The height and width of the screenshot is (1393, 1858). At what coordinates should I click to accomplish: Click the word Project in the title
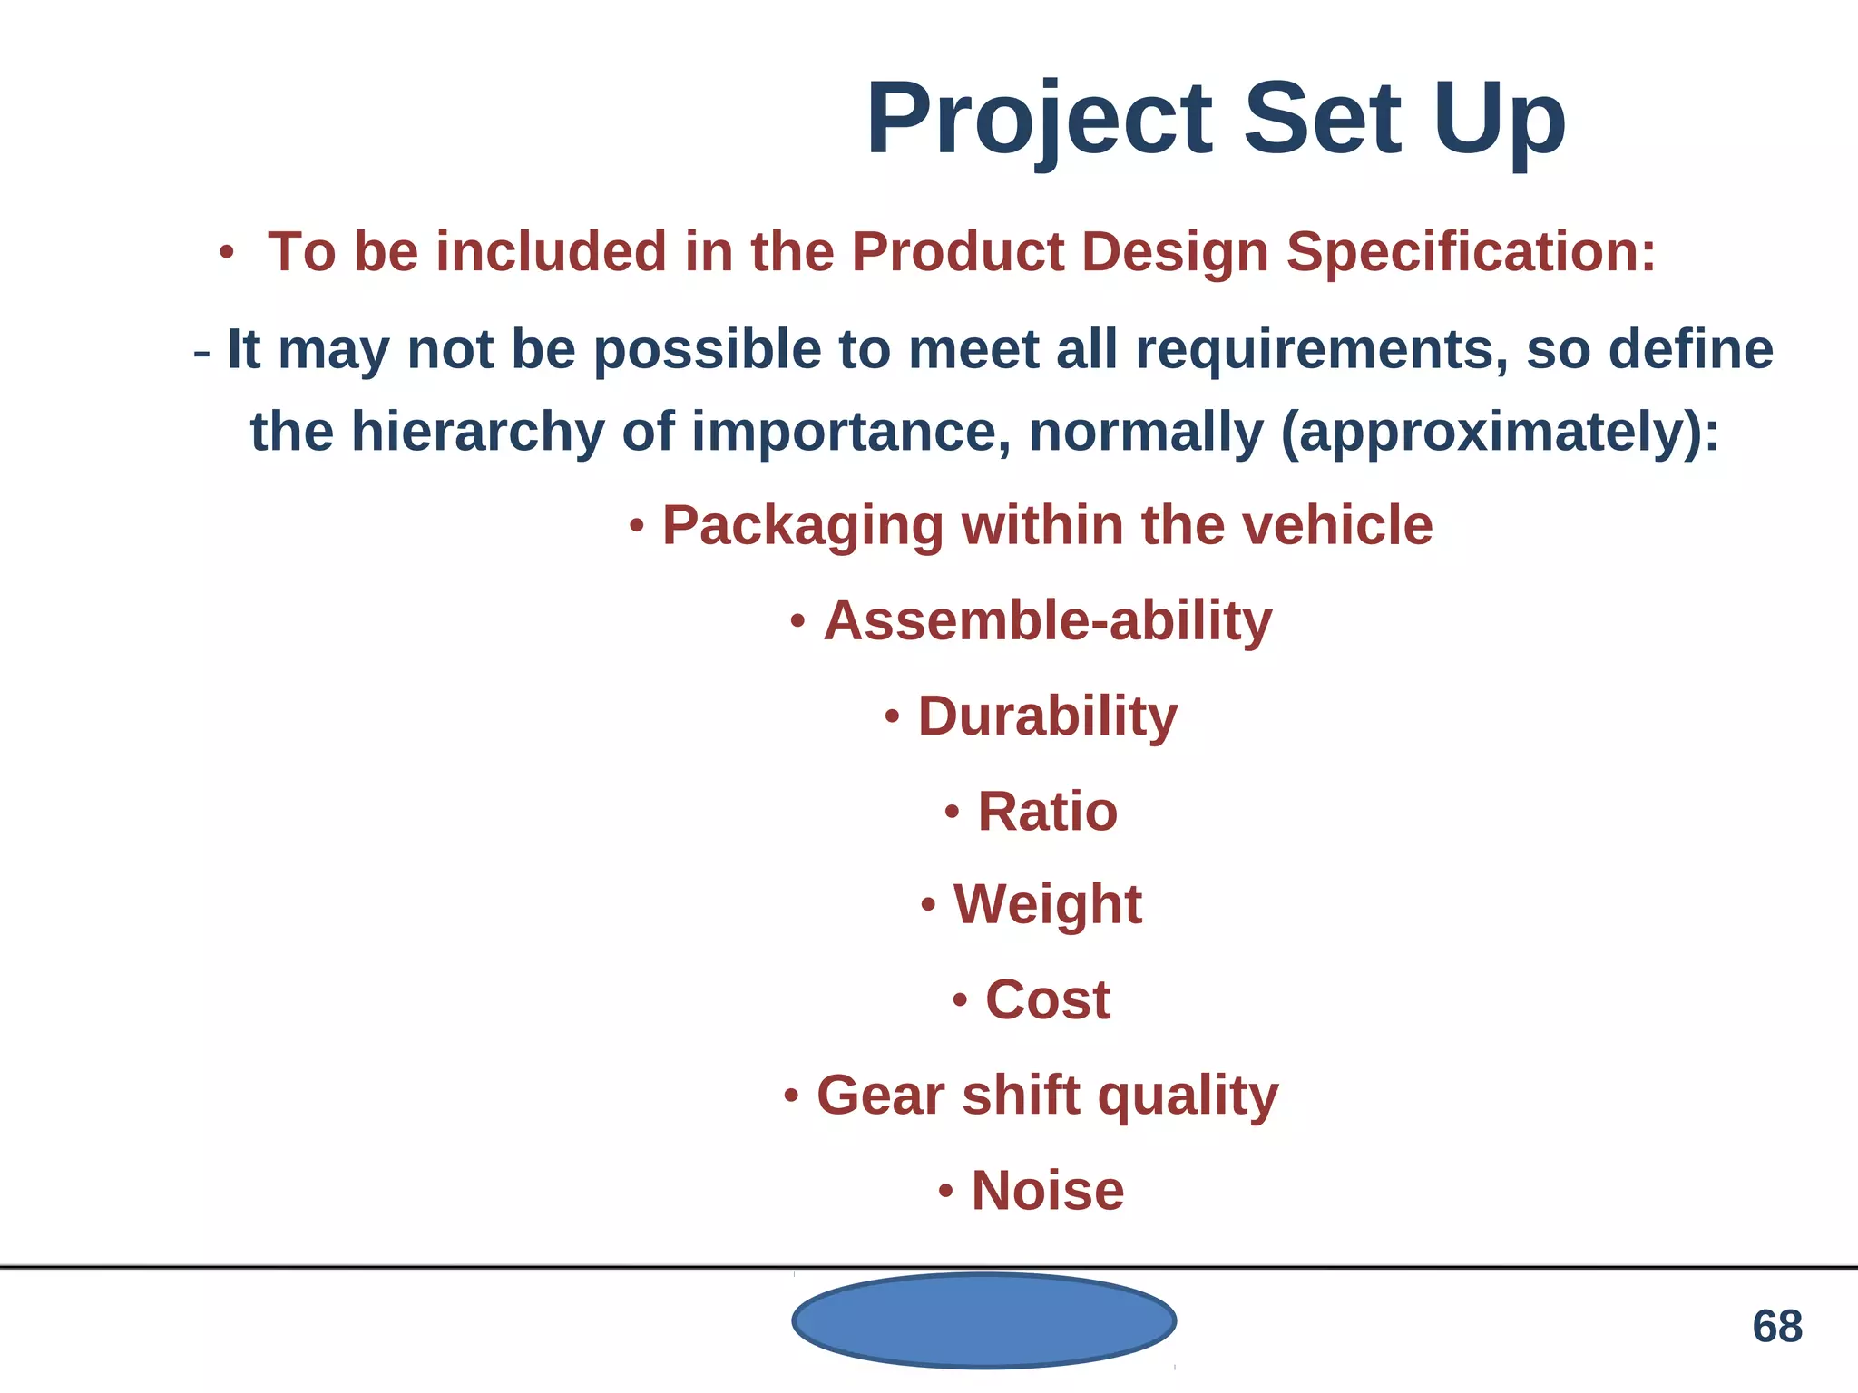(1040, 120)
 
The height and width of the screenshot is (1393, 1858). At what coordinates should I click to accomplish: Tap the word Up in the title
(1499, 120)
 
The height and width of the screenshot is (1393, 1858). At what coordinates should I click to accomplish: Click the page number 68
(1776, 1327)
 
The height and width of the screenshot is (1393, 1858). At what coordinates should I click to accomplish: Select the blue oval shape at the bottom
(984, 1320)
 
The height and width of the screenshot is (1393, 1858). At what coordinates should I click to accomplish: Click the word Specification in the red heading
(1471, 251)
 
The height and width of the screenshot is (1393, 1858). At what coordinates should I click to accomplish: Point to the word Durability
(1047, 716)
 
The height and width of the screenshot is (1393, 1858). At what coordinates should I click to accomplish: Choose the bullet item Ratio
(1047, 811)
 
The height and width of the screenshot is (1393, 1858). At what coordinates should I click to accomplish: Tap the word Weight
(1047, 904)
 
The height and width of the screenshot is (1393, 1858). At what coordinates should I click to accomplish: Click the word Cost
(1047, 999)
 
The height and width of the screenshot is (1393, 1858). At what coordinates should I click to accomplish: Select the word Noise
(1047, 1190)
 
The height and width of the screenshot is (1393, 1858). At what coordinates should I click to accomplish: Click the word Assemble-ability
(1047, 621)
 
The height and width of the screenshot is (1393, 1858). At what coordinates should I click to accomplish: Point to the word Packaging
(803, 526)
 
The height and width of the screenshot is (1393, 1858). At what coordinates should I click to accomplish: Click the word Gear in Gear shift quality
(880, 1095)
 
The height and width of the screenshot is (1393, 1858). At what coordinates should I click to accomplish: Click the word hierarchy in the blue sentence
(477, 431)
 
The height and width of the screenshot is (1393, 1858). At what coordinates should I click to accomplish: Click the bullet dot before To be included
(227, 253)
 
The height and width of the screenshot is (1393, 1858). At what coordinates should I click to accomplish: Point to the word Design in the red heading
(1175, 251)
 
